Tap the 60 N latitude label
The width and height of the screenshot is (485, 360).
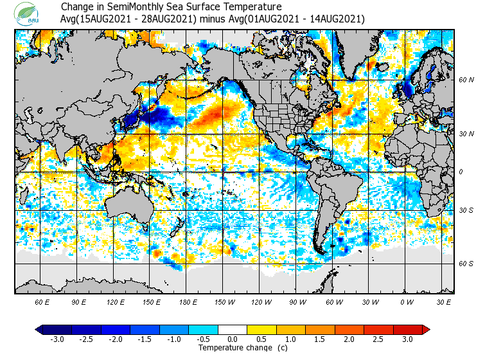pyautogui.click(x=466, y=80)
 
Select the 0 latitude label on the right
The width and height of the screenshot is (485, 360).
pyautogui.click(x=461, y=172)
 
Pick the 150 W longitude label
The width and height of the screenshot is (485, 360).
pyautogui.click(x=224, y=301)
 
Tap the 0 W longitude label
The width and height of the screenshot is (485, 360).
pyautogui.click(x=407, y=301)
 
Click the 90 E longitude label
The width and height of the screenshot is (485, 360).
pyautogui.click(x=79, y=301)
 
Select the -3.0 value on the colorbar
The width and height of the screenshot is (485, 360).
pyautogui.click(x=57, y=339)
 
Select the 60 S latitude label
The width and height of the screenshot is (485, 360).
pyautogui.click(x=466, y=264)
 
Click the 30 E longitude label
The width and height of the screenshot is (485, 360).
pyautogui.click(x=444, y=301)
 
